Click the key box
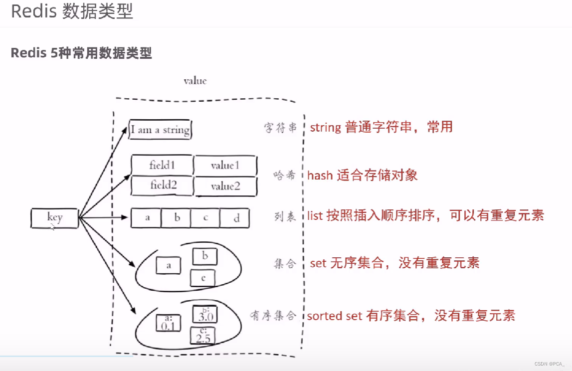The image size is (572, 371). point(54,218)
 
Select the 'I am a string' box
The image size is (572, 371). point(160,130)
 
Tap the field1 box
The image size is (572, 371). point(162,165)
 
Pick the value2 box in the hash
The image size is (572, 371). point(225,186)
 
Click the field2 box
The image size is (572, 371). point(163,185)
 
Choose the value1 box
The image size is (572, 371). point(225,165)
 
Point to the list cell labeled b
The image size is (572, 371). point(177,218)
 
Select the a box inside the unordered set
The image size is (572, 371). point(169,265)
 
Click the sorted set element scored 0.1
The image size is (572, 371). point(168,323)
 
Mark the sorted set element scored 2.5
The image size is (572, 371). point(203,336)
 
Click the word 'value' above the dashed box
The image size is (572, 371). point(195,81)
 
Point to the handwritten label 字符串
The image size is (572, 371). point(280,128)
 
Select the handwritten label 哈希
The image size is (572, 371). point(284,175)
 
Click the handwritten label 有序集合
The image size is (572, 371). point(273,315)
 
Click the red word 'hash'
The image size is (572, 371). point(320,175)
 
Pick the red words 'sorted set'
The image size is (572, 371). point(334,316)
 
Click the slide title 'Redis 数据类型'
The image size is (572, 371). point(72,11)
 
